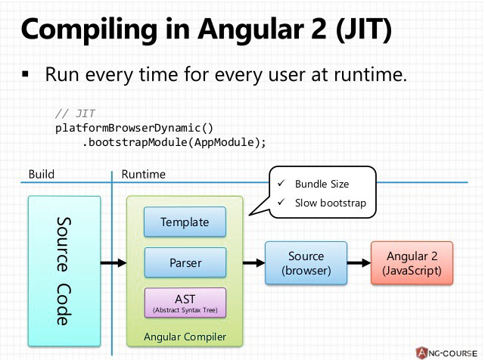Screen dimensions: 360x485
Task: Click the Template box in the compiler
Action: click(184, 223)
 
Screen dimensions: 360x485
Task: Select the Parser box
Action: click(184, 263)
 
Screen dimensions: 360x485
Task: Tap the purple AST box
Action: click(184, 302)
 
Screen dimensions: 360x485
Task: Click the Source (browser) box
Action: click(306, 262)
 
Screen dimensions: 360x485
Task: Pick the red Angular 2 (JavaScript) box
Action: click(413, 262)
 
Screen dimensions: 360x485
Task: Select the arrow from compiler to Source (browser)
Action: click(253, 263)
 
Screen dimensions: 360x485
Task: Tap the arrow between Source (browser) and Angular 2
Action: click(359, 263)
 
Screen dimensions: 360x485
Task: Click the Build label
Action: click(41, 175)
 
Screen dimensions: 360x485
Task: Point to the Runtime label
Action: click(143, 175)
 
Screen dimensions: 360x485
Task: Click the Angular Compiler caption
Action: click(184, 336)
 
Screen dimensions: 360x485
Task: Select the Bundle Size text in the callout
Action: click(322, 184)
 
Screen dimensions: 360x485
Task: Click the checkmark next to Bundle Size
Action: click(281, 184)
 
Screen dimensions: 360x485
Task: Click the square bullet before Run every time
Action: click(25, 76)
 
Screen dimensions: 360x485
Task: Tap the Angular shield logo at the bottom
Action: click(421, 352)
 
